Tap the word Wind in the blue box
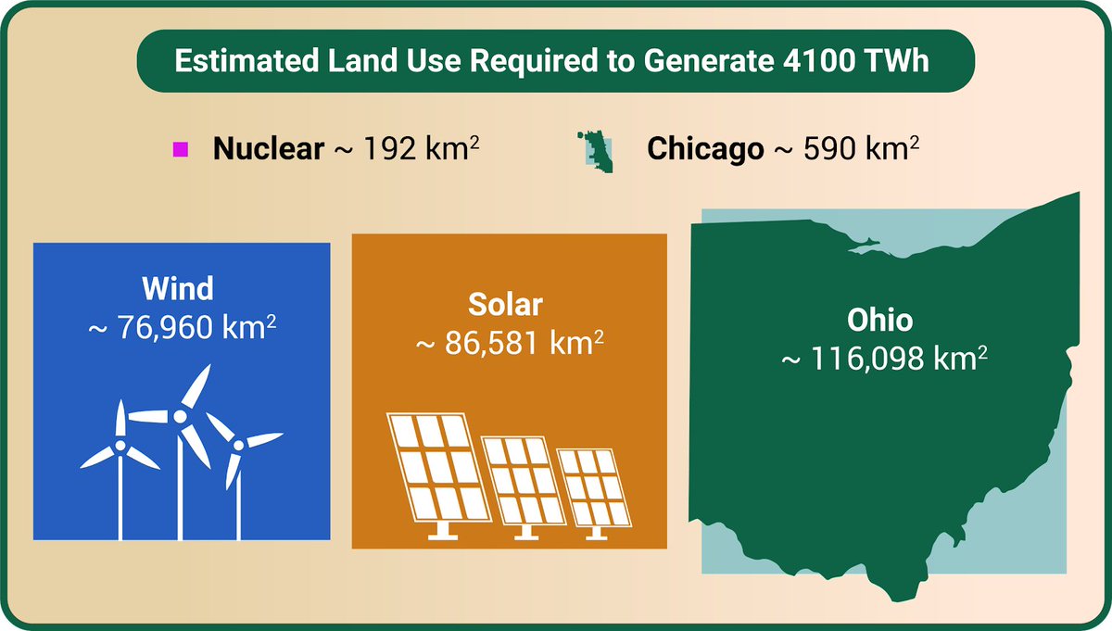coord(178,288)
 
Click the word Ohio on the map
coord(879,321)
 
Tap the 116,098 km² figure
coord(882,359)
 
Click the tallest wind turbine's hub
coord(179,416)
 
